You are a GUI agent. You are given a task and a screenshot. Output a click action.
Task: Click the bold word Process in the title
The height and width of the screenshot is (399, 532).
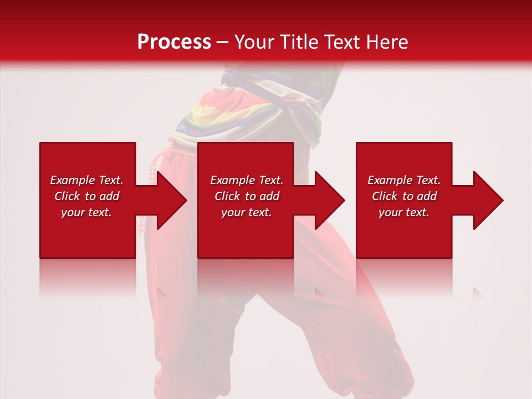[174, 42]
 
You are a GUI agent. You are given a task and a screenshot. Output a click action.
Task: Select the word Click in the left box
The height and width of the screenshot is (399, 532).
[68, 196]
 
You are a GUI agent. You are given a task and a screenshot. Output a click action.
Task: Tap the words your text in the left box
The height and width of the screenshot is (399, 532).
[86, 212]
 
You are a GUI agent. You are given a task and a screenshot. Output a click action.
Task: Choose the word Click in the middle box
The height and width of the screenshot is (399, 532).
[228, 196]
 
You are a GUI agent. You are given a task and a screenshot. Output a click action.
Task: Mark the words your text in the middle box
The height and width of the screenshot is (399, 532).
[246, 212]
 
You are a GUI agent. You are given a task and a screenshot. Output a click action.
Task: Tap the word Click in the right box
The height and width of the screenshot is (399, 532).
[385, 196]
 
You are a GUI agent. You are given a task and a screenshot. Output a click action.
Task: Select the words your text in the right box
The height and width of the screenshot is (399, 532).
[403, 212]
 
